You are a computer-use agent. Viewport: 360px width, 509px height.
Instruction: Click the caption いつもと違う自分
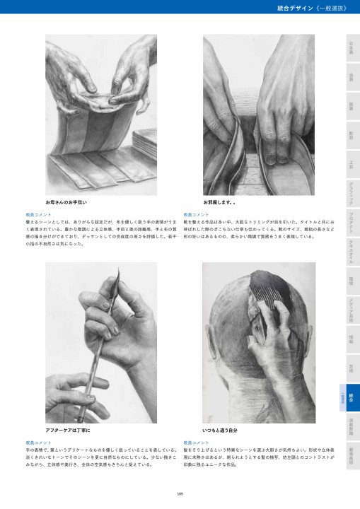click(219, 430)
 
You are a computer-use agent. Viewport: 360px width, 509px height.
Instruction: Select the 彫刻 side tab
click(351, 134)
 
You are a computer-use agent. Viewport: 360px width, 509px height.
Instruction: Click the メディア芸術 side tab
click(351, 305)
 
